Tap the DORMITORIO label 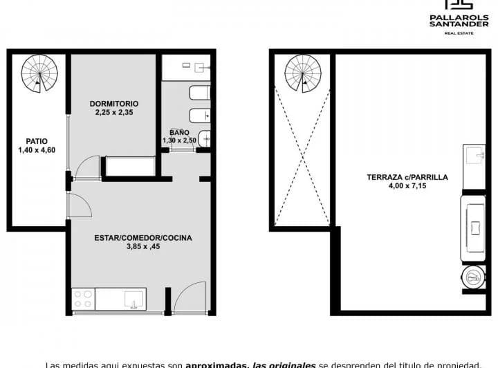[113, 104]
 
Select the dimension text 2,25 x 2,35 [113, 113]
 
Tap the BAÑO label [179, 132]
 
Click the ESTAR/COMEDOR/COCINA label [143, 238]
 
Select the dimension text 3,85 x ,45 [143, 247]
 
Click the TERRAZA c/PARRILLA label [407, 177]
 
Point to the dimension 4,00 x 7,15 [407, 185]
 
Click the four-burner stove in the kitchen [83, 299]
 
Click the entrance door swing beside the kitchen [189, 297]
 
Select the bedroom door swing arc [86, 167]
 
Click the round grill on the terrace [473, 277]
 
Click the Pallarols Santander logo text [459, 21]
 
